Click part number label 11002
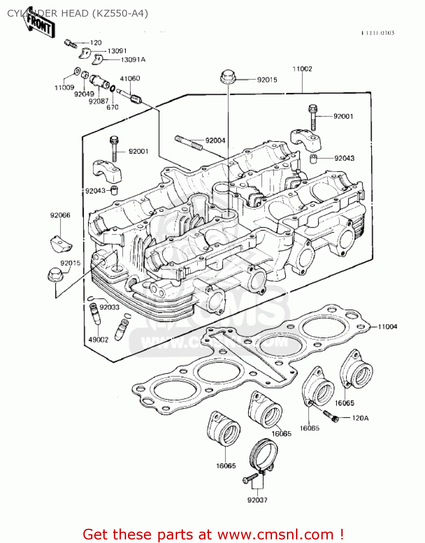pyautogui.click(x=302, y=69)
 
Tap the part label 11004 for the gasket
pyautogui.click(x=387, y=327)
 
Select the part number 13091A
pyautogui.click(x=133, y=60)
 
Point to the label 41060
pyautogui.click(x=130, y=78)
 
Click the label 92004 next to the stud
pyautogui.click(x=215, y=140)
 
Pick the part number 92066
pyautogui.click(x=60, y=215)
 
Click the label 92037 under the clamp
pyautogui.click(x=257, y=500)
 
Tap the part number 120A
pyautogui.click(x=360, y=418)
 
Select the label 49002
pyautogui.click(x=98, y=340)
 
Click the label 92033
pyautogui.click(x=109, y=307)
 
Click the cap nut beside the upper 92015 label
pyautogui.click(x=227, y=77)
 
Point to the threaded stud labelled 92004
pyautogui.click(x=188, y=142)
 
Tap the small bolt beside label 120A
pyautogui.click(x=331, y=416)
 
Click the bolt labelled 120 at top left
pyautogui.click(x=70, y=44)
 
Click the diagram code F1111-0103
pyautogui.click(x=378, y=33)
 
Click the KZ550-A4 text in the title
pyautogui.click(x=120, y=13)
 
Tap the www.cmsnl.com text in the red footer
pyautogui.click(x=275, y=534)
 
